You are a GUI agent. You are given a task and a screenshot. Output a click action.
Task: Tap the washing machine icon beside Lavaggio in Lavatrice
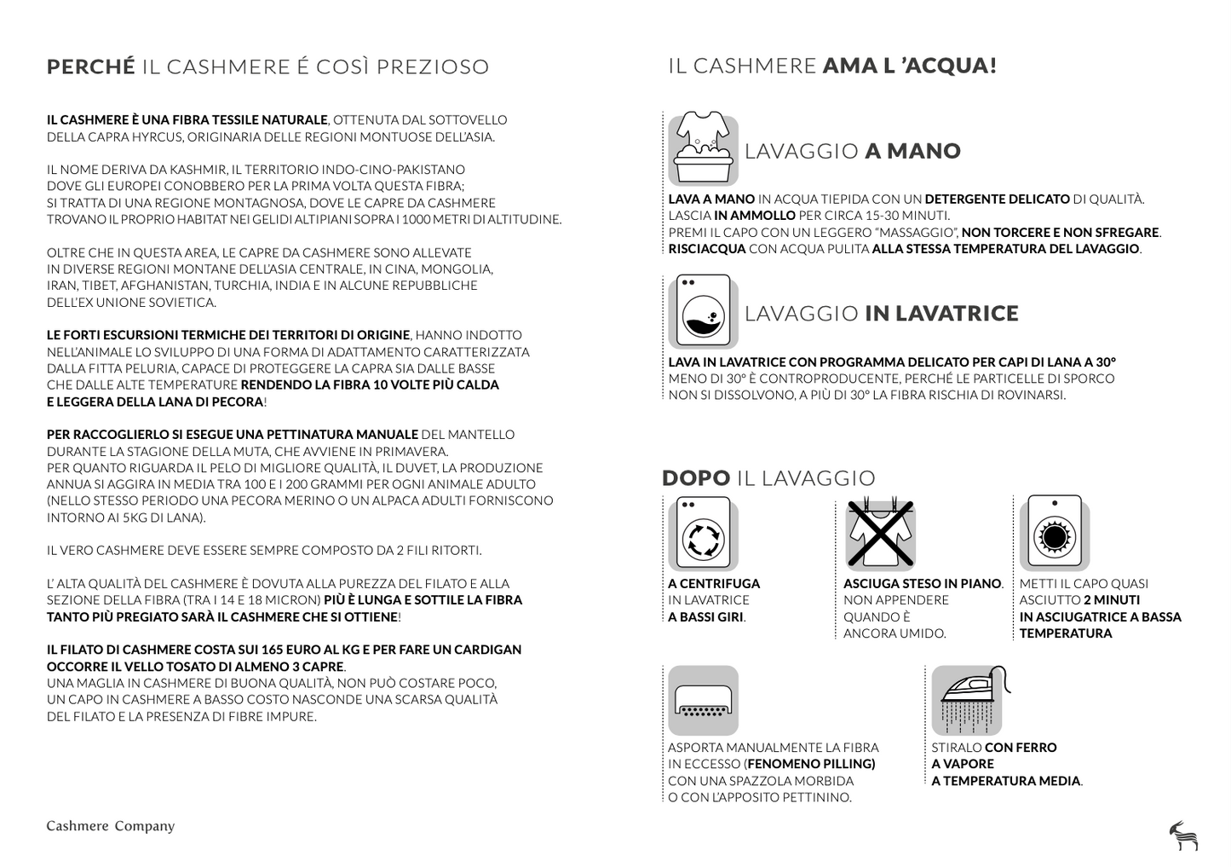coord(703,311)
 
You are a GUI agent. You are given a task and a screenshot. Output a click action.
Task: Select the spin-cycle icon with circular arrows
coord(703,535)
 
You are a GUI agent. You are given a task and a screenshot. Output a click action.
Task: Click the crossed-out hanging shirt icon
coord(879,535)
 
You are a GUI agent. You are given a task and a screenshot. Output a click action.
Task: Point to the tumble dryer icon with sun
coord(1055,535)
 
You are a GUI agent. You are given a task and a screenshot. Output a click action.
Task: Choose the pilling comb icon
coord(703,701)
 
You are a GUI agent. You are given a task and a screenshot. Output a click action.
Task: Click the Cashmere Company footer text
coord(111,826)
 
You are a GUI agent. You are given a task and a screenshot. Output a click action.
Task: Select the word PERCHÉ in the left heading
coord(91,66)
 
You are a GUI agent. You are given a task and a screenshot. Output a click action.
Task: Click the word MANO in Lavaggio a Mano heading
coord(923,152)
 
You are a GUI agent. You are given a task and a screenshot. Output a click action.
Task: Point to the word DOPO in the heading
coord(696,478)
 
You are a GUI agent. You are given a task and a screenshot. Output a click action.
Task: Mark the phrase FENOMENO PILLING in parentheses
coord(811,765)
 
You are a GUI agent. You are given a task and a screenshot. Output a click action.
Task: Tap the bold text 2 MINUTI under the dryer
coord(1099,600)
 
